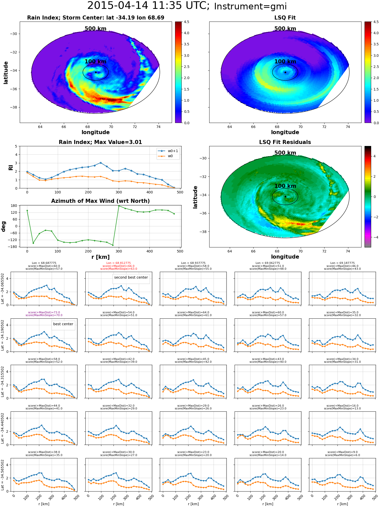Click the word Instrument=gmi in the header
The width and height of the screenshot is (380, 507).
pyautogui.click(x=250, y=7)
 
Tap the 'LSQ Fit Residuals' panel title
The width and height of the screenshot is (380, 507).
pyautogui.click(x=285, y=142)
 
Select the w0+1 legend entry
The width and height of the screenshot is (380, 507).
pyautogui.click(x=168, y=151)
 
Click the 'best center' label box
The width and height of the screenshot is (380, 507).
pyautogui.click(x=63, y=324)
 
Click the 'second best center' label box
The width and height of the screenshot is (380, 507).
pyautogui.click(x=131, y=278)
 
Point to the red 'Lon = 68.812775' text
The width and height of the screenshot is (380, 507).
pyautogui.click(x=119, y=263)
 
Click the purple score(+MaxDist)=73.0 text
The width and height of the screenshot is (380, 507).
pyautogui.click(x=44, y=313)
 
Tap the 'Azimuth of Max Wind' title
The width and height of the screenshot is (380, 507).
pyautogui.click(x=100, y=201)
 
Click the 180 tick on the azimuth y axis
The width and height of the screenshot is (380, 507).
pyautogui.click(x=14, y=206)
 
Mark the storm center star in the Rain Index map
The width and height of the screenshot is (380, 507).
pyautogui.click(x=96, y=72)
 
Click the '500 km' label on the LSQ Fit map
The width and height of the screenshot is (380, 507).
pyautogui.click(x=285, y=29)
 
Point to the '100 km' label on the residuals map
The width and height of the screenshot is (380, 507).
pyautogui.click(x=285, y=186)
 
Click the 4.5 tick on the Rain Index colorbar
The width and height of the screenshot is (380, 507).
pyautogui.click(x=186, y=22)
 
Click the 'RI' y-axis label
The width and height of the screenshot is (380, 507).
pyautogui.click(x=11, y=168)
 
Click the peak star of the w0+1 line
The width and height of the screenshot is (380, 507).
pyautogui.click(x=101, y=163)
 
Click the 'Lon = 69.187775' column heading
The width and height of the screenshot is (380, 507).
pyautogui.click(x=343, y=263)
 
